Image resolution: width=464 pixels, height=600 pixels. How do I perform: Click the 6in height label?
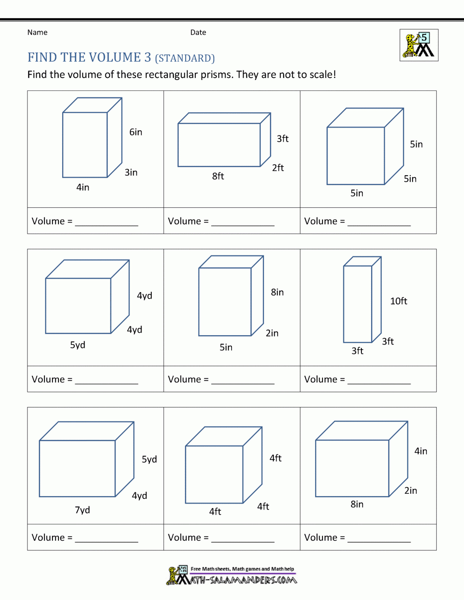[135, 132]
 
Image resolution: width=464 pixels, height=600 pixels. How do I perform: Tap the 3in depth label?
[131, 172]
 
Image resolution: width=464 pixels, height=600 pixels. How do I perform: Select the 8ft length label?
[218, 176]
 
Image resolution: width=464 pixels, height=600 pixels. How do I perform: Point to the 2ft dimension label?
[278, 168]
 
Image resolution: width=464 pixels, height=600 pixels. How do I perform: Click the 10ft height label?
[399, 301]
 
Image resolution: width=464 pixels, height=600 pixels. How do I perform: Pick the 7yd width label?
[83, 510]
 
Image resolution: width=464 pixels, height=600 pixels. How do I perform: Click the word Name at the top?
[37, 32]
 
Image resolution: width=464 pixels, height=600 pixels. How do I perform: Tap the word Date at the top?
[198, 32]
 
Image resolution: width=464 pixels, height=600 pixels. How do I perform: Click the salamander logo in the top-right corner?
[419, 45]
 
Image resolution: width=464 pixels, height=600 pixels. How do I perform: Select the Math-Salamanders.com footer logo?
[232, 575]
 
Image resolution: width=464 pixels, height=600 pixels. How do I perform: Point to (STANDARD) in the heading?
[185, 58]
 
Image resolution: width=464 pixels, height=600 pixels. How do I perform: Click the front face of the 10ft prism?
[358, 304]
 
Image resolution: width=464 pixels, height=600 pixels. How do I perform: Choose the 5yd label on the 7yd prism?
[149, 460]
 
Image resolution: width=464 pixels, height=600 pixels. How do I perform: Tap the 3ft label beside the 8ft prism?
[283, 139]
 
